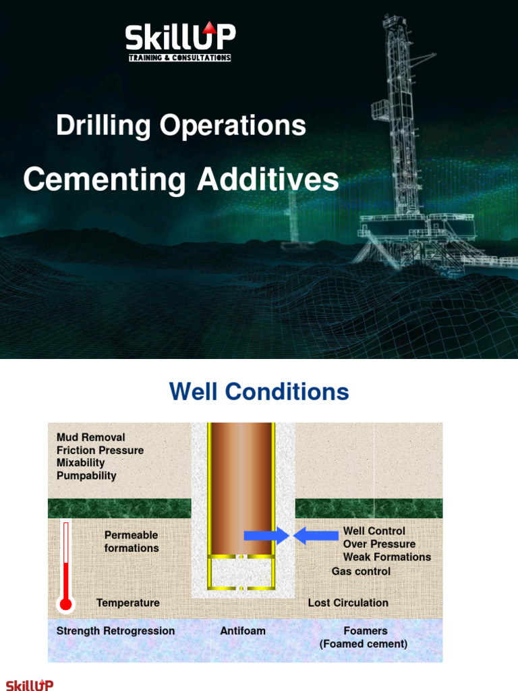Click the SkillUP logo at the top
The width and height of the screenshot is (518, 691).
[180, 41]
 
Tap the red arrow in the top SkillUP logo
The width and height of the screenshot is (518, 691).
[210, 27]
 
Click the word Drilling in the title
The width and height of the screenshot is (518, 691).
[103, 126]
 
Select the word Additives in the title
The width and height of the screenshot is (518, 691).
[268, 179]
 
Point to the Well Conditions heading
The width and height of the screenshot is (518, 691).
[259, 391]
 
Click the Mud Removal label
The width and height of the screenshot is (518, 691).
[91, 437]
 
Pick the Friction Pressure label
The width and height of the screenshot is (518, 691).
[100, 450]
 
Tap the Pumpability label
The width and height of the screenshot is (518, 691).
[86, 476]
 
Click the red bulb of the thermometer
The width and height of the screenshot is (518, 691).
[65, 604]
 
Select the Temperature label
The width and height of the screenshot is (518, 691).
[127, 603]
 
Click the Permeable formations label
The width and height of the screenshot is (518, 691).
[132, 542]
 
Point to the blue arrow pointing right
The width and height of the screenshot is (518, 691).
[266, 535]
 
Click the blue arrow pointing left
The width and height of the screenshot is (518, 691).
[316, 535]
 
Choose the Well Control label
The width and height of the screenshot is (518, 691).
[374, 531]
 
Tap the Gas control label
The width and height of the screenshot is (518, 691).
[362, 571]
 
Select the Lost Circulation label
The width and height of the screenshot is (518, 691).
[348, 603]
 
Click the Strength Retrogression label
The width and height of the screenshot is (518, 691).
[115, 631]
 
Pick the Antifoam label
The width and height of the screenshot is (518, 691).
[243, 631]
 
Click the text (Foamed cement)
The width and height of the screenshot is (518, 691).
[364, 644]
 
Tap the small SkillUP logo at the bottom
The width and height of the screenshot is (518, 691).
[30, 685]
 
